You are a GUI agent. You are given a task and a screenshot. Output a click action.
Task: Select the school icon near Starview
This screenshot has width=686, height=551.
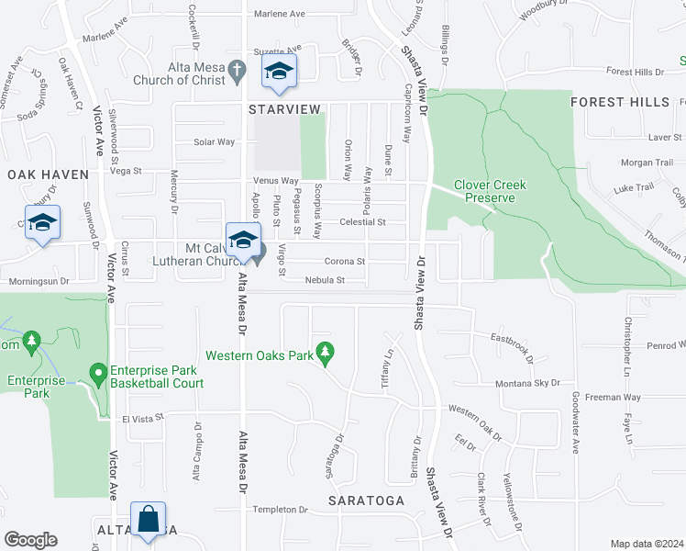click(x=279, y=72)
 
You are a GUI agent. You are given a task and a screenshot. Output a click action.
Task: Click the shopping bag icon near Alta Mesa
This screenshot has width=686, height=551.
click(x=147, y=520)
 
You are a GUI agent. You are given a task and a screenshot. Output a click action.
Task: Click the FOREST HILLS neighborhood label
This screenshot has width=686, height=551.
click(x=620, y=102)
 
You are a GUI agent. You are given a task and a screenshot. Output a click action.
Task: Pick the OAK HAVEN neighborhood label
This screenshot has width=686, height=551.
click(x=48, y=174)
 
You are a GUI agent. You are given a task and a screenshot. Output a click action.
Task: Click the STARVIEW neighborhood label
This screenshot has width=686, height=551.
click(x=287, y=108)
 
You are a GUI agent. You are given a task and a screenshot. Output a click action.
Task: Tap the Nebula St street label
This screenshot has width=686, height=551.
click(x=325, y=280)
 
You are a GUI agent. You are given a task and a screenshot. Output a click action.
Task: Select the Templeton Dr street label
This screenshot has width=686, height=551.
click(x=281, y=509)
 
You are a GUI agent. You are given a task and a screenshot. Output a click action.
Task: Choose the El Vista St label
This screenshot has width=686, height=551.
click(x=143, y=417)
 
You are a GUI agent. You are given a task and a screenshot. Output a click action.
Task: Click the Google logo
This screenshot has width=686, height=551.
click(x=30, y=539)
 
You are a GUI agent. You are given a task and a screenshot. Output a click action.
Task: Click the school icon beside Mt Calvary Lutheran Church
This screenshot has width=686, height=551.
click(x=243, y=242)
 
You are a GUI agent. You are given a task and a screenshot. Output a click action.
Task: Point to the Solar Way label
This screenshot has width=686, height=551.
click(x=214, y=142)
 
